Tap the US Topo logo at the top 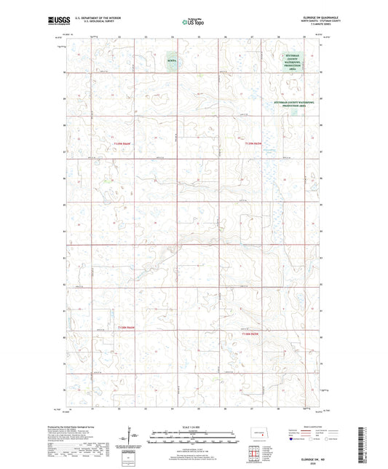coord(191,23)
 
